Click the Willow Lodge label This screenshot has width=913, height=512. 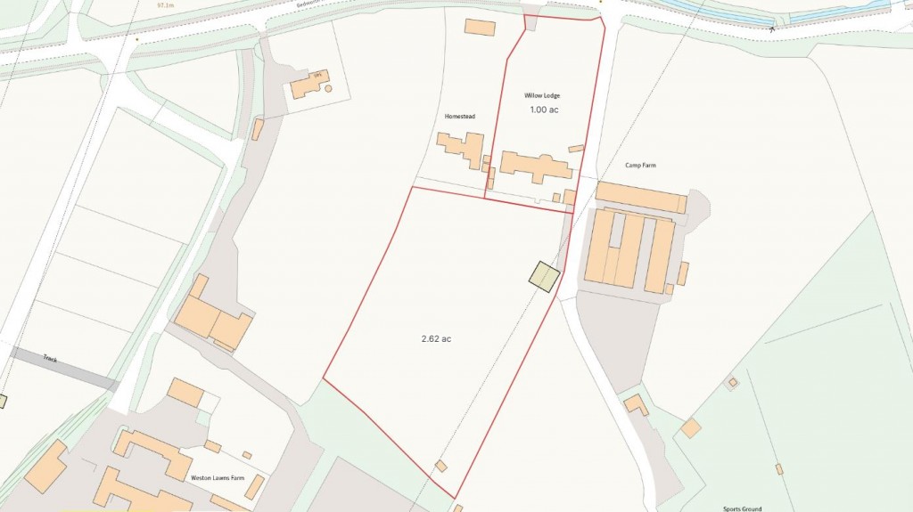(x=544, y=95)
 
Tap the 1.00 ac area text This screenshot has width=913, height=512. (x=544, y=110)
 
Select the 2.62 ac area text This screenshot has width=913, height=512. (x=436, y=338)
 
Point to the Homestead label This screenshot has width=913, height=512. (x=460, y=117)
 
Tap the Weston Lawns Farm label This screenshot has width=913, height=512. (x=218, y=478)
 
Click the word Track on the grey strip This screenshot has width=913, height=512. (x=50, y=359)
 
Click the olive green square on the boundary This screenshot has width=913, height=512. (x=543, y=276)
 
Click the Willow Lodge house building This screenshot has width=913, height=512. (x=535, y=166)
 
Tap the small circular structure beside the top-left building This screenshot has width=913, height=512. (x=328, y=89)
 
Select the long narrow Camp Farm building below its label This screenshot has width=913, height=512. (x=639, y=197)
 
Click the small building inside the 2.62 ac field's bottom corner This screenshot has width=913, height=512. (x=441, y=466)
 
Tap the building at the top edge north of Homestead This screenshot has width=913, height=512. (x=480, y=27)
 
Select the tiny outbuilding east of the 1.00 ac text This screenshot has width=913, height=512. (x=576, y=149)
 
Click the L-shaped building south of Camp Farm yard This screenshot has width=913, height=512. (x=637, y=404)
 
